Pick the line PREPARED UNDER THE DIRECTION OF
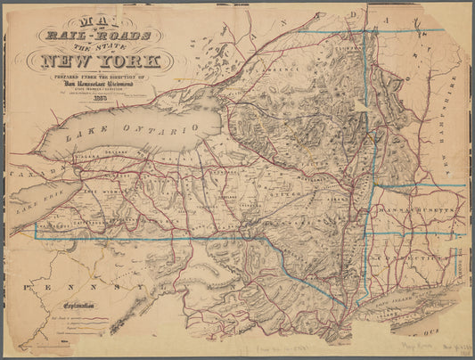click(x=106, y=78)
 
